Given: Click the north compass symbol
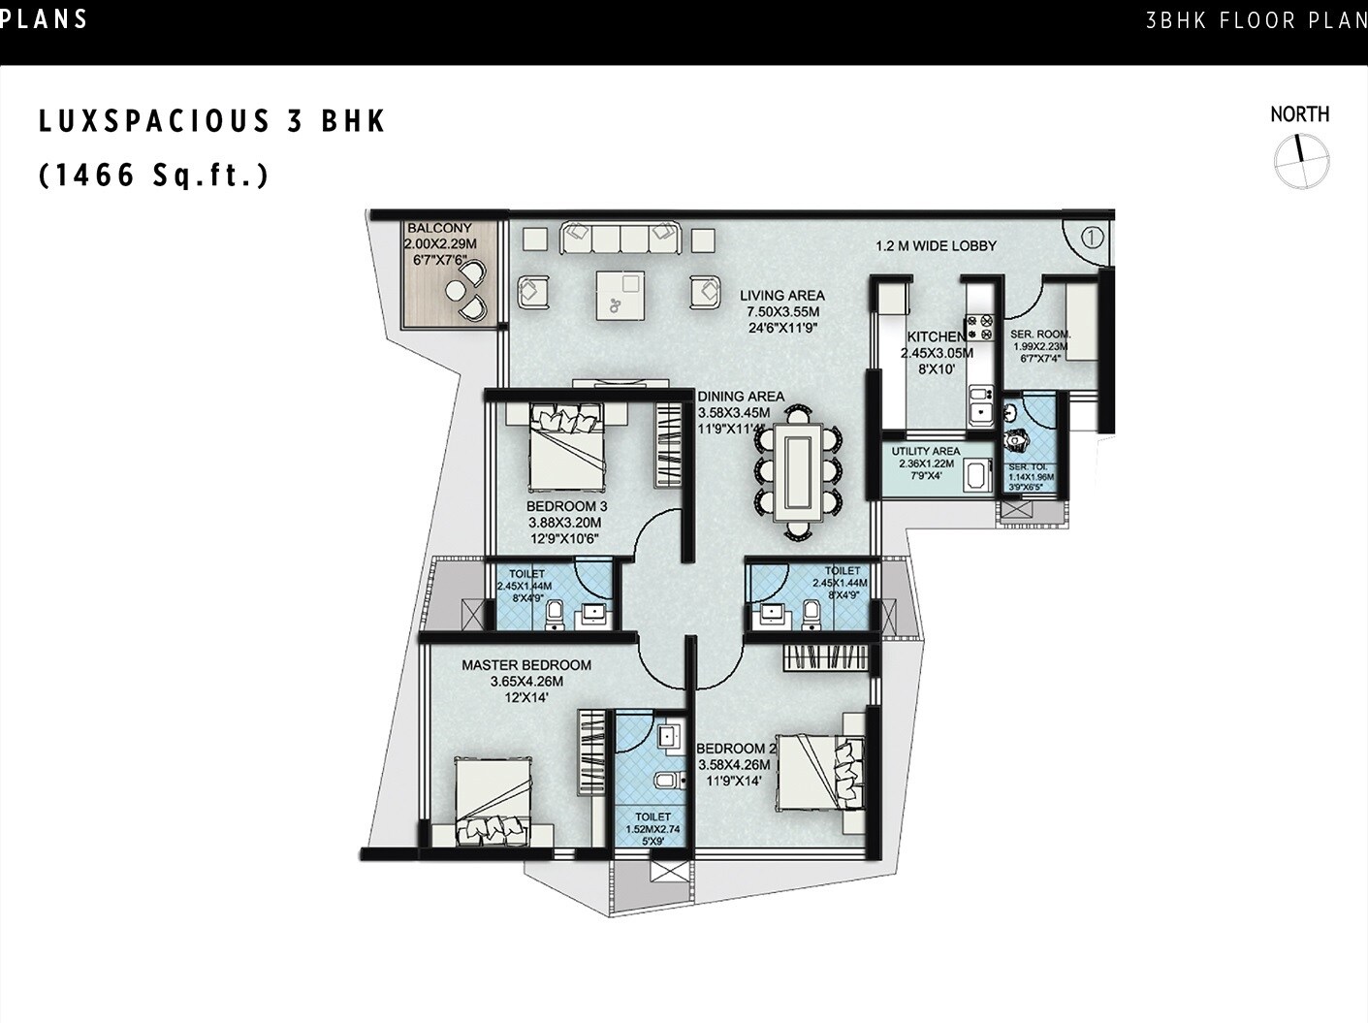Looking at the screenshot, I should coord(1301,161).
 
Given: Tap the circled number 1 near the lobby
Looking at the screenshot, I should coord(1093,237).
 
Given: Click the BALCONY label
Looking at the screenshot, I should coord(439,229).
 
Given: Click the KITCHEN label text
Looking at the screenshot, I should coord(936,336).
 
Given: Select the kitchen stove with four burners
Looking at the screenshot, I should coord(980,328).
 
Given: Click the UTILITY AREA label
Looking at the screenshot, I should coord(926,451).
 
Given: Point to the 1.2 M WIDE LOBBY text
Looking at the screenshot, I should coord(936,246).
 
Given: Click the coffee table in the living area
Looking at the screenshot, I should coord(620,294).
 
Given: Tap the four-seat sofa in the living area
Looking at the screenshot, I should coord(620,238).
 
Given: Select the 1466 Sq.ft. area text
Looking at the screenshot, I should coord(153,176).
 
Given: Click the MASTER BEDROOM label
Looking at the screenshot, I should coord(526,665).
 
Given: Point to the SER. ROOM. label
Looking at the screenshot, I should coord(1039,335).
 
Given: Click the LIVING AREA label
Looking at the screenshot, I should coord(782,296).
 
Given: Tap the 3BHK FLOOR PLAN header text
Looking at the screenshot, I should coord(1256,20).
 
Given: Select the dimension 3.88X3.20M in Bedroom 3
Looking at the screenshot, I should coord(565,523).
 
